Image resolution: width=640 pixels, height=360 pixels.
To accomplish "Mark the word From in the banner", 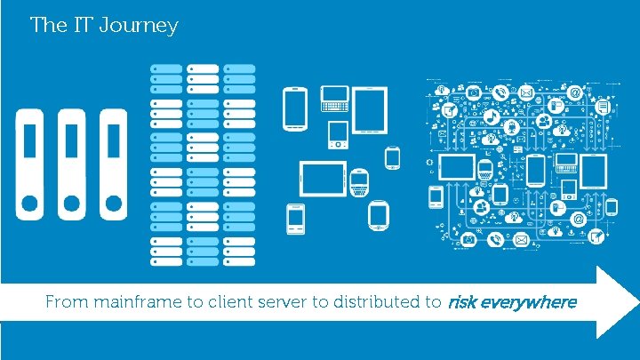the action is click(65, 302).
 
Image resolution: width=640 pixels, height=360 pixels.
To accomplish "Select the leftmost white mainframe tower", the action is click(30, 164).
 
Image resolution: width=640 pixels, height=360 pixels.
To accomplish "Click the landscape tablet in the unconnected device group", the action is click(321, 179).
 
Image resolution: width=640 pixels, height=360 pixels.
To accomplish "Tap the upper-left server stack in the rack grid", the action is click(166, 79).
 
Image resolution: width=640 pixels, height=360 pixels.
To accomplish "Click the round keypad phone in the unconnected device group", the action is click(359, 182).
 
